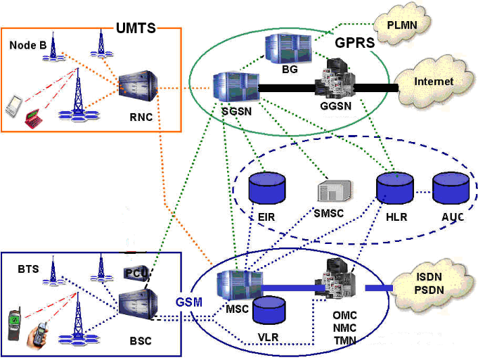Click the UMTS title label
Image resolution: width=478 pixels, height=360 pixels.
coord(136,29)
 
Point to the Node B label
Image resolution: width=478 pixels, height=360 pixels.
coord(29,45)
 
